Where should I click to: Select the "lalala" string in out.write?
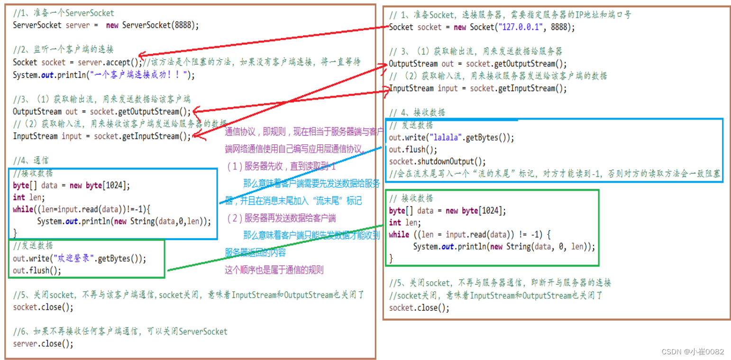point(444,138)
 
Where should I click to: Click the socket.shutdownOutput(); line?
point(437,161)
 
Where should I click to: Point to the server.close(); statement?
point(43,344)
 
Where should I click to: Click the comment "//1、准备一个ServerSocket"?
point(63,13)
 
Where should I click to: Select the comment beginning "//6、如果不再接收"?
point(120,332)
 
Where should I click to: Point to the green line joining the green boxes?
point(275,247)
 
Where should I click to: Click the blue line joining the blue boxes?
point(299,175)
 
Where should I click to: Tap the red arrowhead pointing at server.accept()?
point(143,56)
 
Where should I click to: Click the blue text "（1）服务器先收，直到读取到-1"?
point(281,167)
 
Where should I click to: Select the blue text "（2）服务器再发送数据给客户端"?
point(281,219)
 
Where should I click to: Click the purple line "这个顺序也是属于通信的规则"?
point(274,270)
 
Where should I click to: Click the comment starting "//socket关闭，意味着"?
point(495,295)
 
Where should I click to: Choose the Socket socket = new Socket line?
point(482,28)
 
